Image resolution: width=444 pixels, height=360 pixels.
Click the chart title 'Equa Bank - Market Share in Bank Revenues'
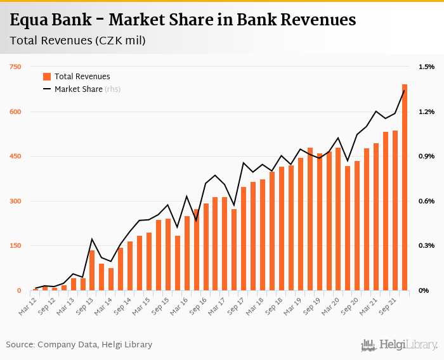tap(183, 20)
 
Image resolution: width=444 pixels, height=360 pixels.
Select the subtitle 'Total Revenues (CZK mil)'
tap(77, 41)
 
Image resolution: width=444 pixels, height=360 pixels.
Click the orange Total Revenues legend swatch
tap(47, 77)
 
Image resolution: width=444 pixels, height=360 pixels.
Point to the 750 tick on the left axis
tap(15, 67)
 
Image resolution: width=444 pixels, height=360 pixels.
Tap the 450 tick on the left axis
tap(15, 157)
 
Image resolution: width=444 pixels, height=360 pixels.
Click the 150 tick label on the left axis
tap(15, 246)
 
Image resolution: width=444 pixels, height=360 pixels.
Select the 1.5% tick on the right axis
tap(426, 67)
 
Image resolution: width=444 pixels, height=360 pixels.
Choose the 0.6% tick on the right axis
tap(426, 202)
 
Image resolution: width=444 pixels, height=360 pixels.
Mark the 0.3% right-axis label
tap(426, 246)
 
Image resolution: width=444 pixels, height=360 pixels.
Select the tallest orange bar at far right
tap(405, 188)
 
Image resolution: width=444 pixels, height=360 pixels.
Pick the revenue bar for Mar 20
tap(339, 219)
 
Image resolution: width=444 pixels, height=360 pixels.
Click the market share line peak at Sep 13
tap(92, 239)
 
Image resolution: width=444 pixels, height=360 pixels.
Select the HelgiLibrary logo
tap(400, 345)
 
